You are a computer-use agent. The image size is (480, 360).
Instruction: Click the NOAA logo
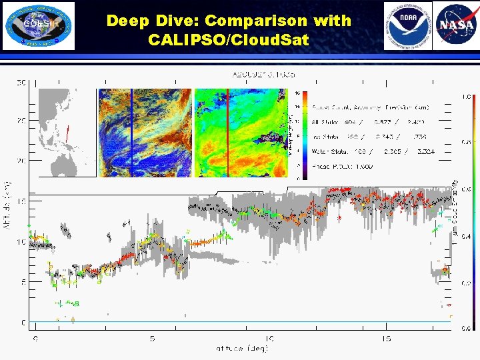click(407, 26)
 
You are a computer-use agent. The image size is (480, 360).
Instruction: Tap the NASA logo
click(455, 26)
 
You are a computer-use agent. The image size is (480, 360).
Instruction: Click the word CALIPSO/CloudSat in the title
click(229, 39)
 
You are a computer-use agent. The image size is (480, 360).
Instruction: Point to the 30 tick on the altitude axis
click(21, 83)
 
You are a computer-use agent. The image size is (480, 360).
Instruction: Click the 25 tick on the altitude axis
click(21, 121)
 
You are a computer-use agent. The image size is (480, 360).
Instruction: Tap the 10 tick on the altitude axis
click(21, 242)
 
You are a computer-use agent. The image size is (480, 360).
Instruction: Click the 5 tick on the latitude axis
click(153, 339)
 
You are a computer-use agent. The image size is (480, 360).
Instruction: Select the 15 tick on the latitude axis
click(386, 339)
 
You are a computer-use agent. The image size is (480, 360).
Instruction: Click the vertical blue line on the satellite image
click(131, 133)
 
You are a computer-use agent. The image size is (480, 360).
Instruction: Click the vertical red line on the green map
click(228, 133)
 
